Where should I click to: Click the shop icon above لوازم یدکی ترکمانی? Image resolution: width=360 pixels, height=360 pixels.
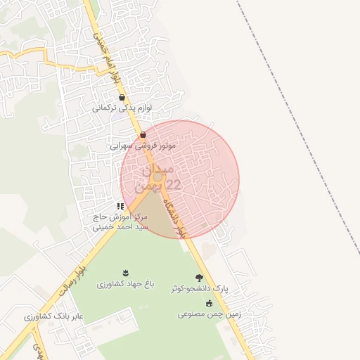[x=122, y=98]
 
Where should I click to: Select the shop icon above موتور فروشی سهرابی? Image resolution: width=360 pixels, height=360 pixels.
[x=143, y=134]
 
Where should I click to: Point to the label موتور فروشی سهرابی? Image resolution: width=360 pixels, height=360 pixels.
[x=143, y=146]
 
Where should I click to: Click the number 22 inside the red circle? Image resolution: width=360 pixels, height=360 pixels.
[x=172, y=184]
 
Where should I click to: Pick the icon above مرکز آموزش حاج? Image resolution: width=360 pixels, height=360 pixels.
[x=120, y=206]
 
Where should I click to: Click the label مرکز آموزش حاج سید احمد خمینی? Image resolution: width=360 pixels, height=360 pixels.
[x=122, y=222]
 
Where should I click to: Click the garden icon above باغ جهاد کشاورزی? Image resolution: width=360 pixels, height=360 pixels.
[x=126, y=273]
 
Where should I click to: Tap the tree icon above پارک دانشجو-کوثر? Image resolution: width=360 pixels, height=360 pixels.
[x=200, y=278]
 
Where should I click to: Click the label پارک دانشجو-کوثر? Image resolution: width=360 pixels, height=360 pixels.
[x=200, y=289]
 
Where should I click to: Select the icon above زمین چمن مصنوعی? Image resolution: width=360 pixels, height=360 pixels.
[x=209, y=303]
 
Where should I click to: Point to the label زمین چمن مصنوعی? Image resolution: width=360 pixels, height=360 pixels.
[x=209, y=314]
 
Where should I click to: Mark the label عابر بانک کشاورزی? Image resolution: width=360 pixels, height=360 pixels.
[x=53, y=317]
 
